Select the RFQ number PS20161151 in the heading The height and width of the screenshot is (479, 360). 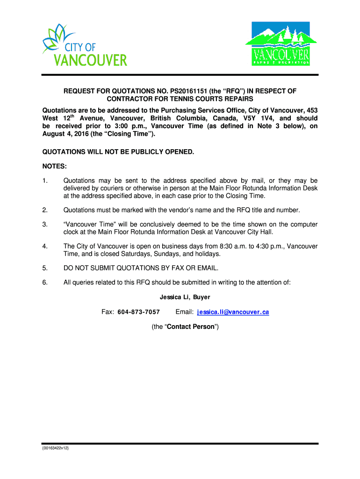pos(175,91)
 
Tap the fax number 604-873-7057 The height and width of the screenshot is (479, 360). pos(138,312)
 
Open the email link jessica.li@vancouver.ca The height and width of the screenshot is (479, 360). pos(233,312)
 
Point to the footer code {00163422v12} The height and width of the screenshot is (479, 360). pos(54,448)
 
